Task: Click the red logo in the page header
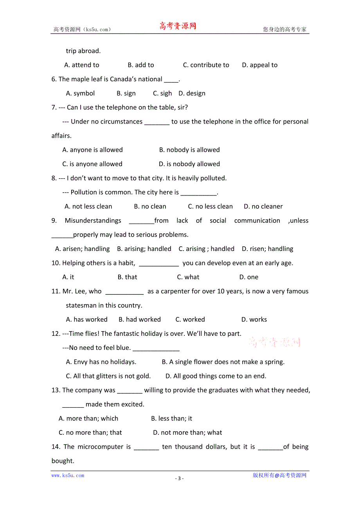(178, 26)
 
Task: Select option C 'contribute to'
(206, 65)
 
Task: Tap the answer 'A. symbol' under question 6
(80, 93)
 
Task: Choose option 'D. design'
(192, 93)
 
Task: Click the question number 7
(54, 108)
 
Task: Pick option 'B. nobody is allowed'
(189, 150)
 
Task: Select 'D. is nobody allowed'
(189, 164)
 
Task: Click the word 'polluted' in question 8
(212, 178)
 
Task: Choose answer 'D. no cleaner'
(263, 206)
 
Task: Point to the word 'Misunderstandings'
(93, 220)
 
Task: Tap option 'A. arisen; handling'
(83, 249)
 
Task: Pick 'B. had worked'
(140, 319)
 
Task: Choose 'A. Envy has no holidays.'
(101, 362)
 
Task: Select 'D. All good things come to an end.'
(216, 376)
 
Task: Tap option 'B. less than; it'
(172, 418)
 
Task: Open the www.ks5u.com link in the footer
(68, 475)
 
